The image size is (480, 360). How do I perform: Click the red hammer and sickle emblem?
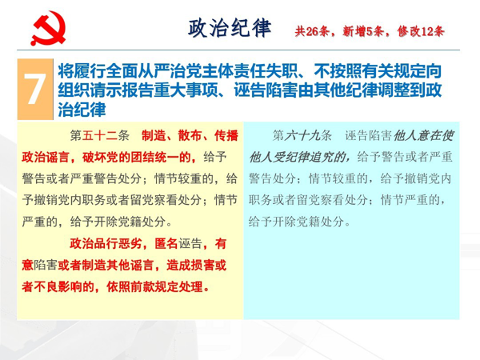(x=48, y=28)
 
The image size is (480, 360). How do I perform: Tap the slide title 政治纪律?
(x=230, y=28)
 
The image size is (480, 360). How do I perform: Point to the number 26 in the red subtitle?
(x=312, y=31)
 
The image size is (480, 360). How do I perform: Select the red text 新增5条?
(x=362, y=31)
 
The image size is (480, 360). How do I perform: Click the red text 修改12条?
(x=421, y=31)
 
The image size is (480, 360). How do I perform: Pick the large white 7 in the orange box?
(x=35, y=89)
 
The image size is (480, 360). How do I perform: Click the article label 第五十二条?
(x=100, y=135)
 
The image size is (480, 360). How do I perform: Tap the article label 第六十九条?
(x=302, y=135)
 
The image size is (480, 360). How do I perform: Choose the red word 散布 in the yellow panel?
(x=190, y=135)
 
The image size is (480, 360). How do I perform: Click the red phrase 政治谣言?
(x=46, y=157)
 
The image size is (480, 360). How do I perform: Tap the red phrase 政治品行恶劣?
(x=106, y=244)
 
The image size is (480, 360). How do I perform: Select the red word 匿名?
(x=166, y=244)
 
